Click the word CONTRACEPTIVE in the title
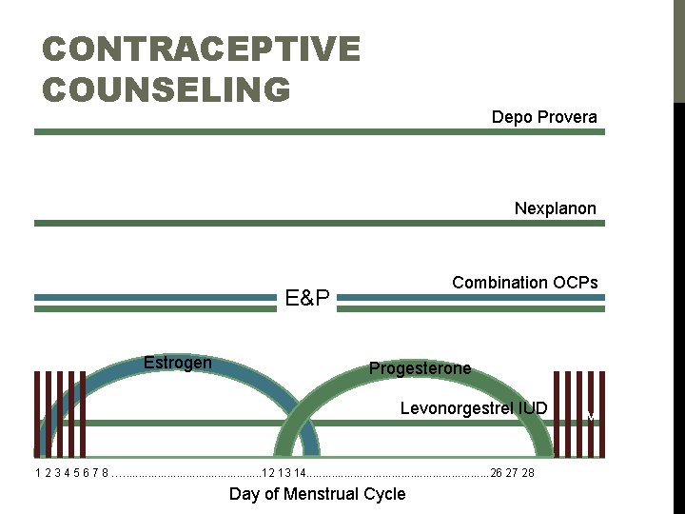click(x=202, y=49)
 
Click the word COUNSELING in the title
click(x=166, y=89)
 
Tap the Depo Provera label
click(x=544, y=117)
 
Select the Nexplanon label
click(x=556, y=208)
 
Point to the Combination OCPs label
click(x=525, y=283)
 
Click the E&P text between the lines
click(x=307, y=300)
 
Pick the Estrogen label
click(x=177, y=363)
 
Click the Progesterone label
click(x=420, y=368)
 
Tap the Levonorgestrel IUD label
click(x=474, y=409)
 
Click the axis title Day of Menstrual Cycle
click(x=317, y=494)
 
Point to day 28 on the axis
click(x=527, y=473)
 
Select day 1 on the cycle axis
click(x=37, y=473)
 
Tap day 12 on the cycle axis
click(x=267, y=473)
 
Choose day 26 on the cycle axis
click(x=497, y=473)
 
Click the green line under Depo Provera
click(x=319, y=132)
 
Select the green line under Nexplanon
click(x=319, y=224)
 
